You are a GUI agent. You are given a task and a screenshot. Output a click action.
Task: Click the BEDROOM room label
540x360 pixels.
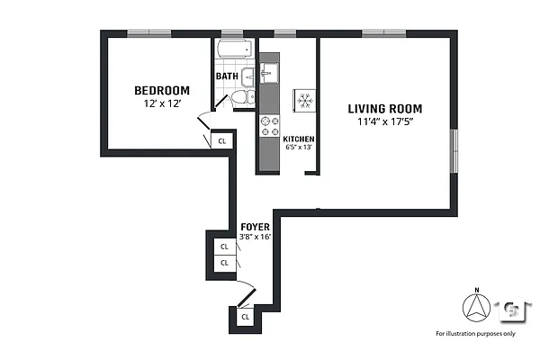[x=162, y=90]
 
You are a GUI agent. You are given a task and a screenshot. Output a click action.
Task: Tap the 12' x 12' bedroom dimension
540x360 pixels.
[x=162, y=104]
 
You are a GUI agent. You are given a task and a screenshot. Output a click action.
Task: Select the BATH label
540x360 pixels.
[x=227, y=76]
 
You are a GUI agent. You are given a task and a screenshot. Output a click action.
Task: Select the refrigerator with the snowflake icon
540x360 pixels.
[x=304, y=99]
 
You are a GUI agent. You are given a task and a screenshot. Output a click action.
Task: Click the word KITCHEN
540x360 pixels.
[x=299, y=139]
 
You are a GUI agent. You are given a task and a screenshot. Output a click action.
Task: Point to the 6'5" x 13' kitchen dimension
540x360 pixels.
[x=299, y=148]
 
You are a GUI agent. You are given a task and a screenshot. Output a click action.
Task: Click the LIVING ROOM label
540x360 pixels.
[x=385, y=109]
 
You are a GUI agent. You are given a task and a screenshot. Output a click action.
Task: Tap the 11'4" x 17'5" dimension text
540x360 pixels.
[x=385, y=124]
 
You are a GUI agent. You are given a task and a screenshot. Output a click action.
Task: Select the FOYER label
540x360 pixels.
[x=253, y=227]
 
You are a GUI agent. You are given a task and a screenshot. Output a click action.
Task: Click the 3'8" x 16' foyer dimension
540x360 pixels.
[x=255, y=237]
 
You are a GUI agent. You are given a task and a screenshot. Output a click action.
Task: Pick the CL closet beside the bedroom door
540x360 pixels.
[x=222, y=140]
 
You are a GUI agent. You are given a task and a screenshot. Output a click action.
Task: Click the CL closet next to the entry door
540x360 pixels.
[x=245, y=317]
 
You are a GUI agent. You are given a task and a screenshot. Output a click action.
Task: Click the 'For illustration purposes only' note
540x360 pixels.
[x=475, y=334]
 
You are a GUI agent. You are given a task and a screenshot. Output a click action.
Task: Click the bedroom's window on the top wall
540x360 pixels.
[x=149, y=33]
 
